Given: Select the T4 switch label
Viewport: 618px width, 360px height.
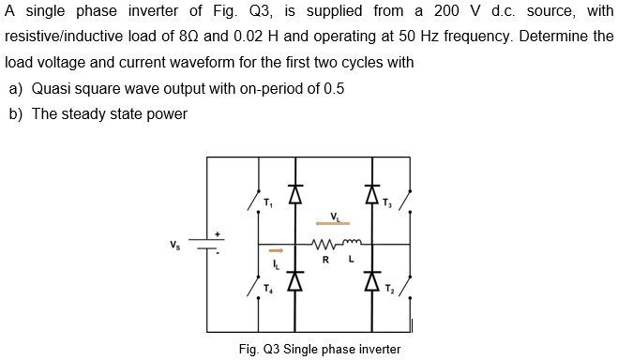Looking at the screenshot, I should pyautogui.click(x=268, y=288).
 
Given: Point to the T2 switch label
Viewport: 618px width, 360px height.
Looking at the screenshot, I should pyautogui.click(x=388, y=288).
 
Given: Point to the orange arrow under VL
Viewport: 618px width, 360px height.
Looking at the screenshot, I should pyautogui.click(x=332, y=224).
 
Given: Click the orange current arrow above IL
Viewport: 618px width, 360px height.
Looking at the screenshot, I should pyautogui.click(x=276, y=251).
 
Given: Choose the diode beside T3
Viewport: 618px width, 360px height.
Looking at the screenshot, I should pyautogui.click(x=369, y=195).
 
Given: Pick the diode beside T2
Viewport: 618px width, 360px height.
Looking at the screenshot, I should pyautogui.click(x=369, y=280).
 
